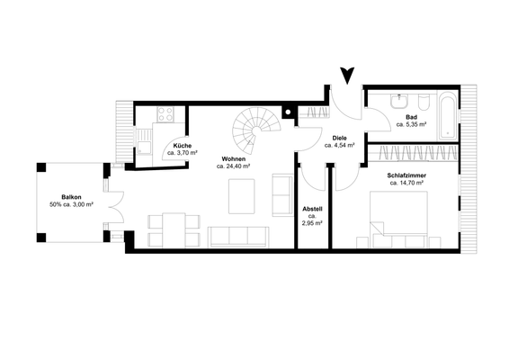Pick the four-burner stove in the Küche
coord(165,113)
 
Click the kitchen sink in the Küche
coord(143,140)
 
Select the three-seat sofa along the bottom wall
coord(238,236)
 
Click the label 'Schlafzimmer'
coord(406,175)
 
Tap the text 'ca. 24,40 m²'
coord(233,166)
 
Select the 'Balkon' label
coord(73,196)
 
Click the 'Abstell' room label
coord(312,209)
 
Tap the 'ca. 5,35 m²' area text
coord(411,125)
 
